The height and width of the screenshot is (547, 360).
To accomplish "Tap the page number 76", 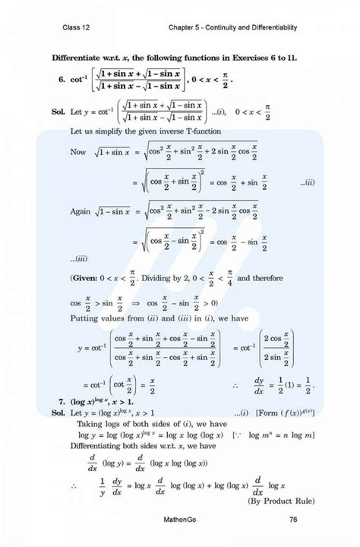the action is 293,520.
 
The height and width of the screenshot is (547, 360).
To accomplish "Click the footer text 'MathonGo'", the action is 180,520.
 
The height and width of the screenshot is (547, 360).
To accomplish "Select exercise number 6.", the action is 60,79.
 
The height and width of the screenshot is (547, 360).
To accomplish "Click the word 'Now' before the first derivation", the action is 77,153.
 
